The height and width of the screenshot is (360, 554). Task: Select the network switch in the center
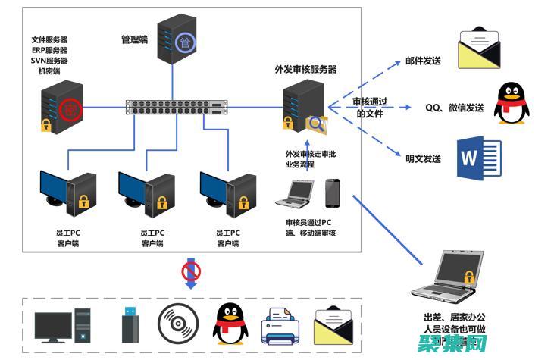[x=177, y=108]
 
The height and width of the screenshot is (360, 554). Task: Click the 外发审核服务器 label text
[x=305, y=69]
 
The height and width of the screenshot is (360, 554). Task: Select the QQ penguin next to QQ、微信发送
[x=512, y=104]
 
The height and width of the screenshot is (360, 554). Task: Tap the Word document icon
[x=479, y=158]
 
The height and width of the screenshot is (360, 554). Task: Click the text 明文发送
[x=423, y=158]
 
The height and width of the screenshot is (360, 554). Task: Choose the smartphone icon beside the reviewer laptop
[x=333, y=193]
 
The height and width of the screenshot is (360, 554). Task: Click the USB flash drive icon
[x=130, y=324]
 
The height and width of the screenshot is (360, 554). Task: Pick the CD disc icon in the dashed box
[x=178, y=324]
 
